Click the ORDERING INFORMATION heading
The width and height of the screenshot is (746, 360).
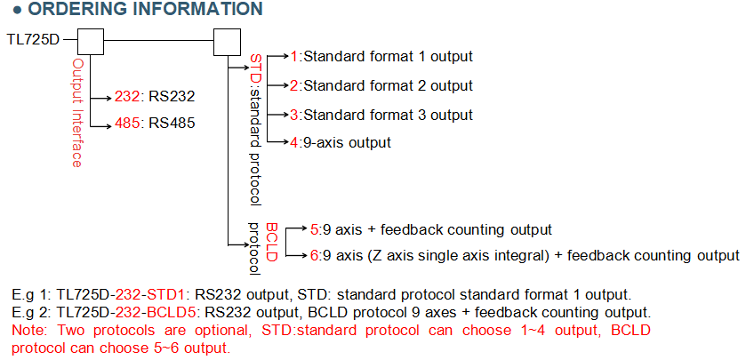pos(139,10)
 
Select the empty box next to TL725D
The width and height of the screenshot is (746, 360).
pos(91,41)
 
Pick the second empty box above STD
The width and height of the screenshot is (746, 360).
pos(228,41)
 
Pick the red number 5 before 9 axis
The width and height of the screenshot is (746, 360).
pos(315,228)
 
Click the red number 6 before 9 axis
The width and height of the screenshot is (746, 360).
pos(315,256)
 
